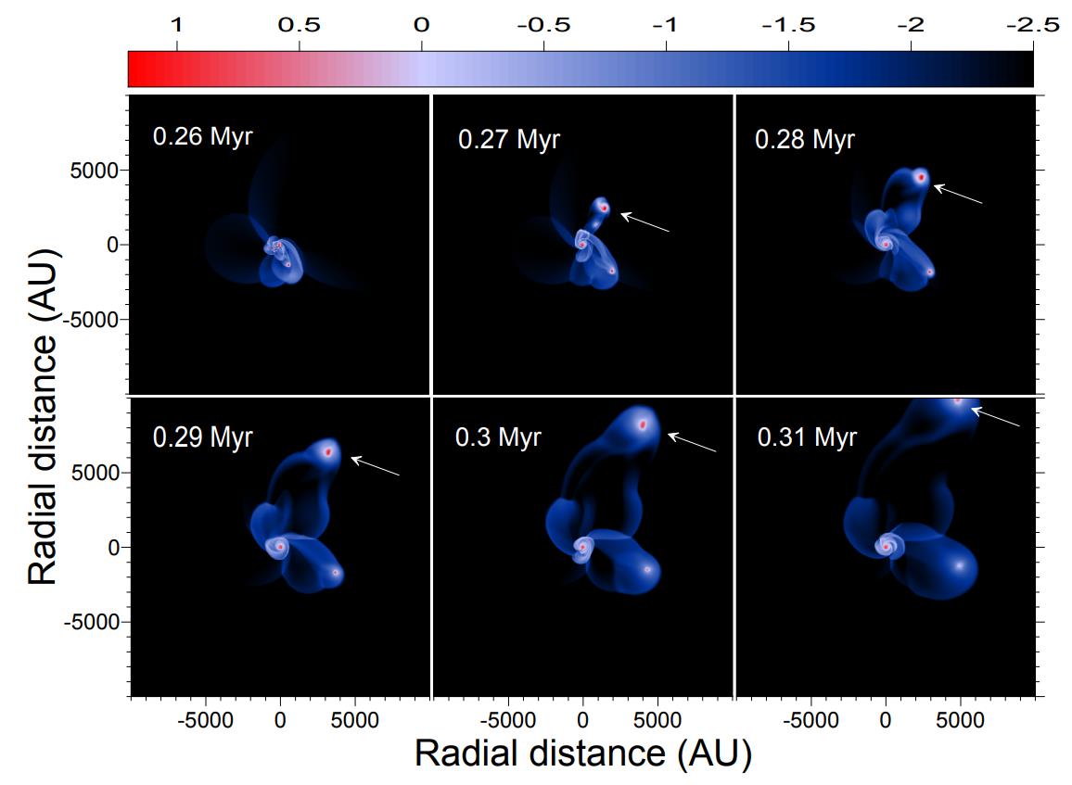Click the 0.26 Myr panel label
click(x=201, y=139)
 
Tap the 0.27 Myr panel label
click(x=508, y=141)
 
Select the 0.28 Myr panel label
click(x=805, y=140)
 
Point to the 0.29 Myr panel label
click(x=202, y=437)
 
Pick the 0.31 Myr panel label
click(x=807, y=437)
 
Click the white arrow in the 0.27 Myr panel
click(x=644, y=222)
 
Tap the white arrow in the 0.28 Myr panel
click(x=957, y=194)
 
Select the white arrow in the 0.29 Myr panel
click(x=375, y=466)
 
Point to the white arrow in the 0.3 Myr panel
click(x=692, y=442)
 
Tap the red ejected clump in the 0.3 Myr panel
click(x=642, y=424)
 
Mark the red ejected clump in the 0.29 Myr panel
click(x=328, y=451)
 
